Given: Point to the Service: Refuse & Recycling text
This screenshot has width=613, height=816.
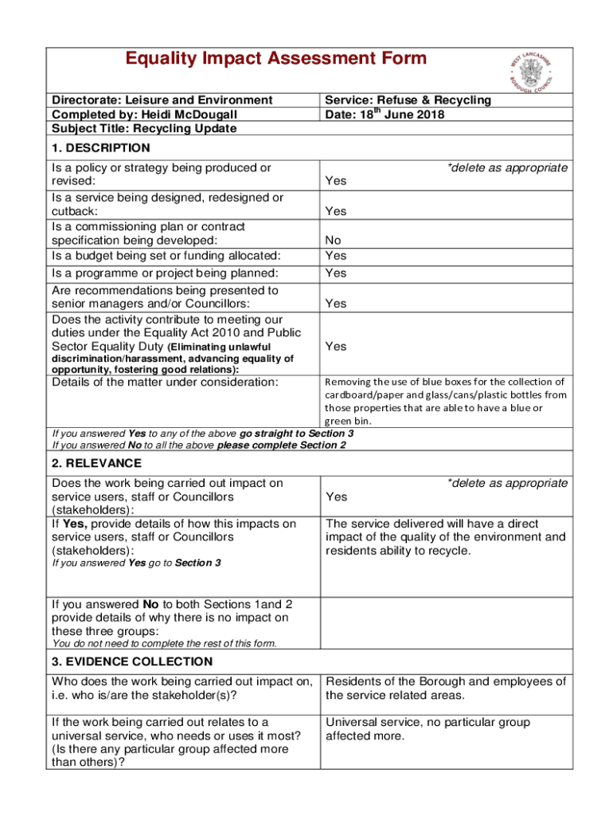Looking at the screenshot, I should (408, 100).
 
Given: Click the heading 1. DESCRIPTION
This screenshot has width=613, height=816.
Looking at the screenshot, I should (100, 147).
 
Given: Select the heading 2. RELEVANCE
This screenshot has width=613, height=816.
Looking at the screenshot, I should (96, 463).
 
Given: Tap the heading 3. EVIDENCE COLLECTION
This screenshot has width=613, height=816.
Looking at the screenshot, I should (131, 661).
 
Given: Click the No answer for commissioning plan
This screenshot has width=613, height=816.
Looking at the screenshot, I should (334, 241).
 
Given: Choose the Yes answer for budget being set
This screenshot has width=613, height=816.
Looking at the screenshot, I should (336, 256).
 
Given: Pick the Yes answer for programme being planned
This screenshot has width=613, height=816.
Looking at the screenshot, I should (336, 273).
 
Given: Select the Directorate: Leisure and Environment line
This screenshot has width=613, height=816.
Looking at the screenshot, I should (162, 100).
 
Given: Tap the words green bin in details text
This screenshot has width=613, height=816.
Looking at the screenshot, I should (347, 421).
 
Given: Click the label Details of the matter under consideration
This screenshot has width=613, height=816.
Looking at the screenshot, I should (165, 382).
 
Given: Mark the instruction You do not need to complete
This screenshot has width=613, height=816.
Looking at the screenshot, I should (164, 643).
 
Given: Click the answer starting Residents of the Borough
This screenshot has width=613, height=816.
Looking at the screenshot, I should (446, 688).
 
